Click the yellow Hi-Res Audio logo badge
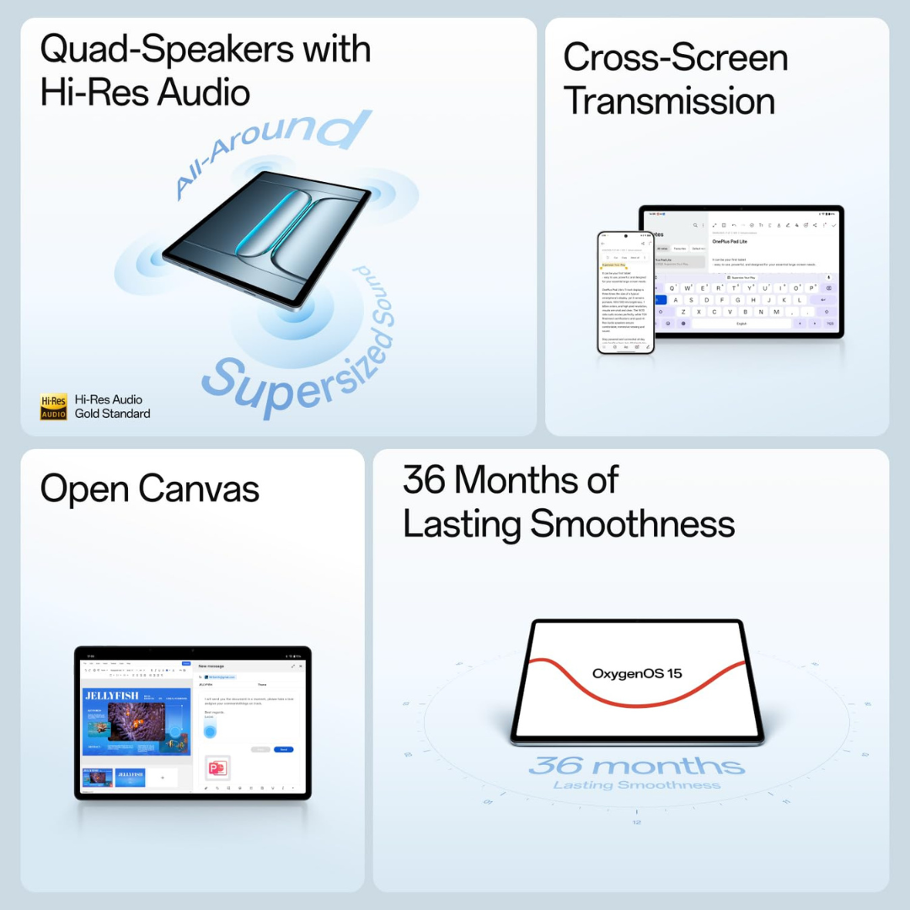53,407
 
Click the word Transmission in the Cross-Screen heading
669,101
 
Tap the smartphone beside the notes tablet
625,292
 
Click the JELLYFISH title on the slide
111,695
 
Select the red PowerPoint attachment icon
217,768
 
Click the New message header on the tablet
211,666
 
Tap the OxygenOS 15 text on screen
636,673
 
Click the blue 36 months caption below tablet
636,766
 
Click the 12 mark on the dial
636,822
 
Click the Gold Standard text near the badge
112,414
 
